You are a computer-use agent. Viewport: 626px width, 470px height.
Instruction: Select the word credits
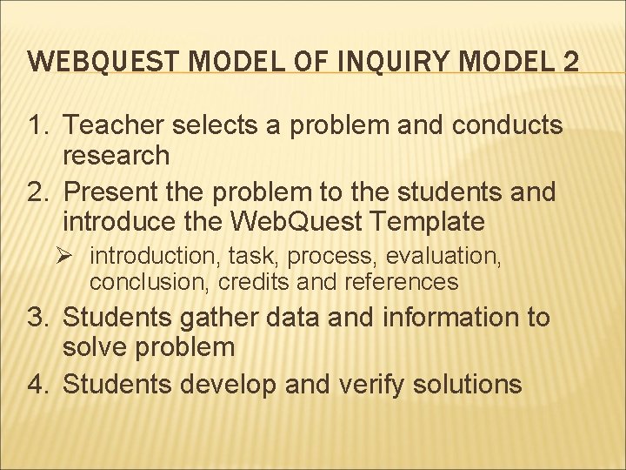tap(246, 281)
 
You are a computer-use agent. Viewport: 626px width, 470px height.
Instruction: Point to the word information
tap(438, 318)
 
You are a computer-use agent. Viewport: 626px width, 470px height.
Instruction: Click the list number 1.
tap(39, 126)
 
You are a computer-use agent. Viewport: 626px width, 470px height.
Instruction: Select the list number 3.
tap(39, 318)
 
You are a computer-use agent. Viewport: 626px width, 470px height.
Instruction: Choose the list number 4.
tap(39, 383)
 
